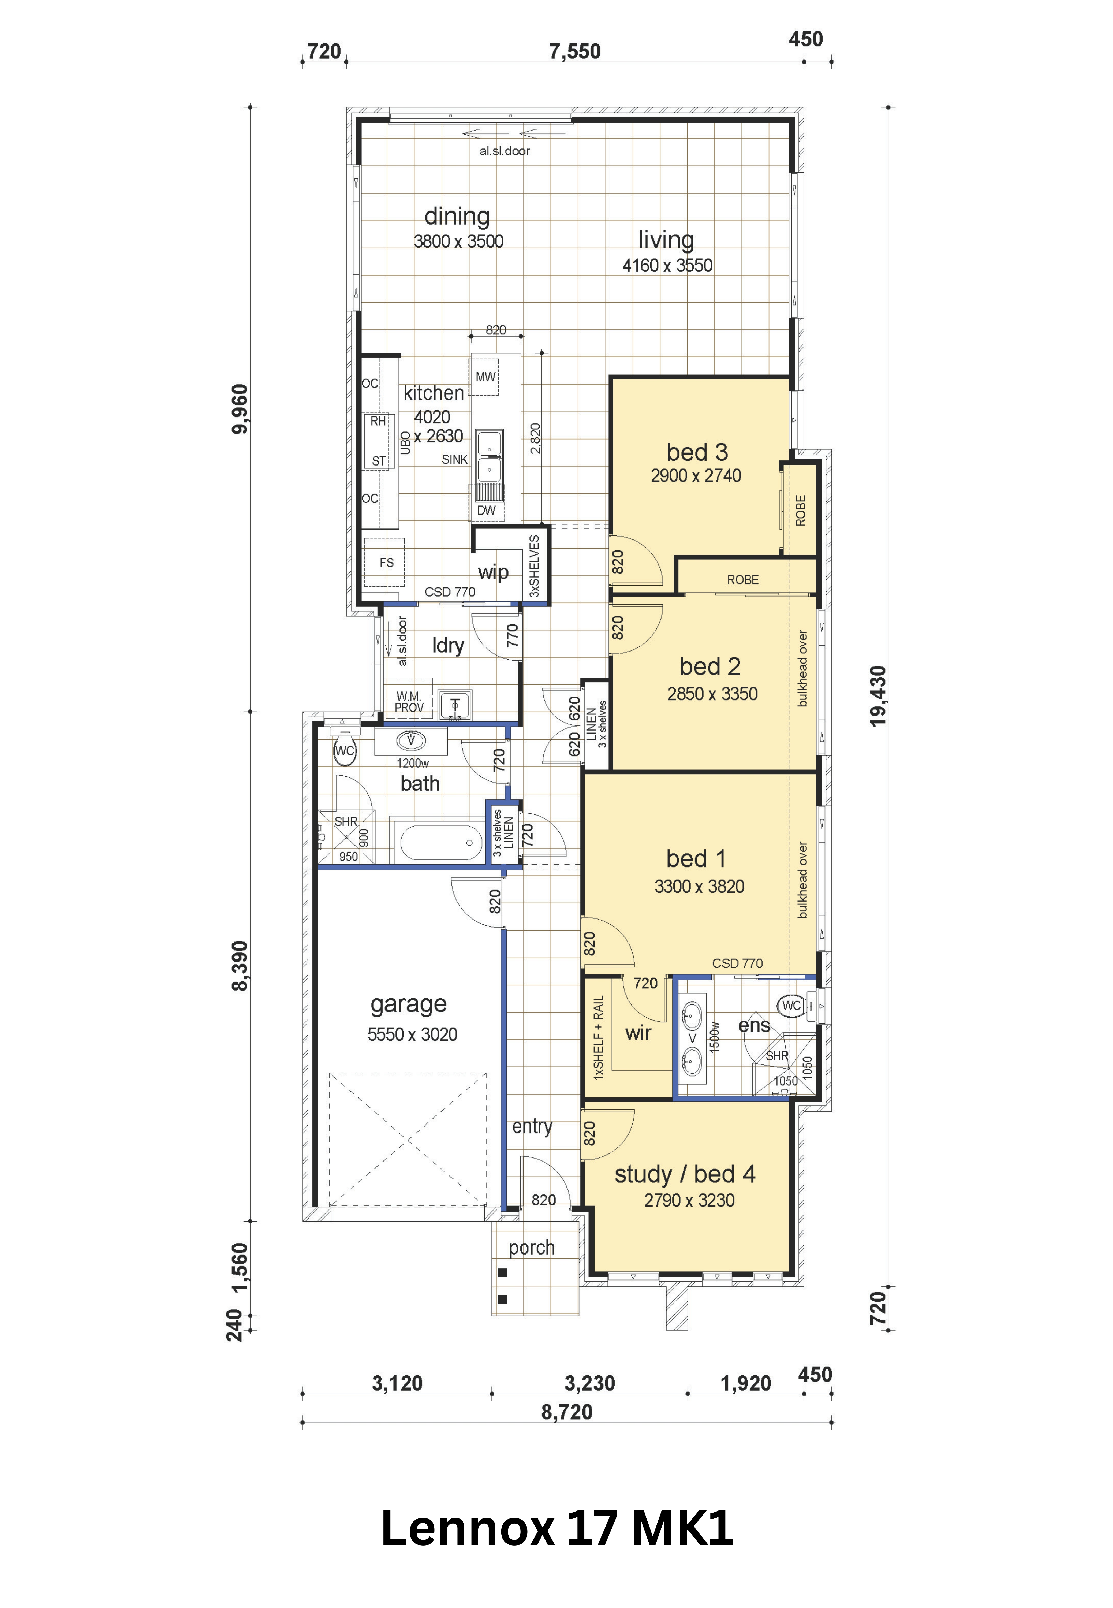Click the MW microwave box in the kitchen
pos(485,377)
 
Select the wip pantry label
pos(493,573)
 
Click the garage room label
pos(409,1004)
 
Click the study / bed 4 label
pos(685,1175)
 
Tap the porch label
pos(531,1248)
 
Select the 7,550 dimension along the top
pos(575,52)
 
